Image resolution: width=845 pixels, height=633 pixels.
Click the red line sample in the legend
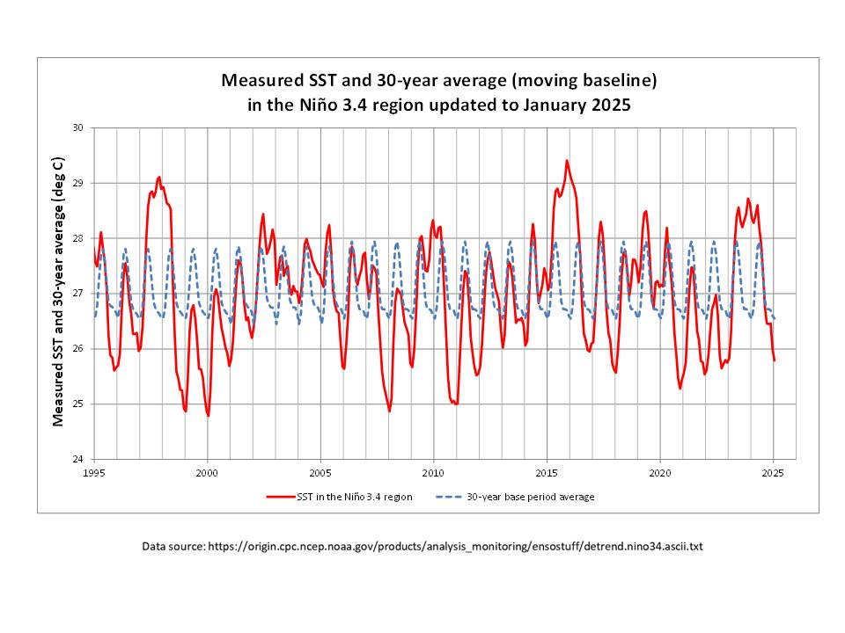[x=280, y=497]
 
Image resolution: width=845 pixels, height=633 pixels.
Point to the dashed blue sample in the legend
[x=448, y=497]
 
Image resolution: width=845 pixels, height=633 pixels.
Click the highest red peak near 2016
[x=567, y=161]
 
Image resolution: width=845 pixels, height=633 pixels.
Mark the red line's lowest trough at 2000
[x=208, y=415]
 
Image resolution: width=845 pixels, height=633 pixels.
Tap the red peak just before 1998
[x=159, y=177]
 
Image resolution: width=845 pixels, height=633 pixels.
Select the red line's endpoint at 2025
[x=774, y=360]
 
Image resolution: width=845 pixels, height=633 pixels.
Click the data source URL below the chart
[x=455, y=547]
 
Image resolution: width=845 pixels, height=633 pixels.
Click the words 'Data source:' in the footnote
[x=173, y=547]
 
